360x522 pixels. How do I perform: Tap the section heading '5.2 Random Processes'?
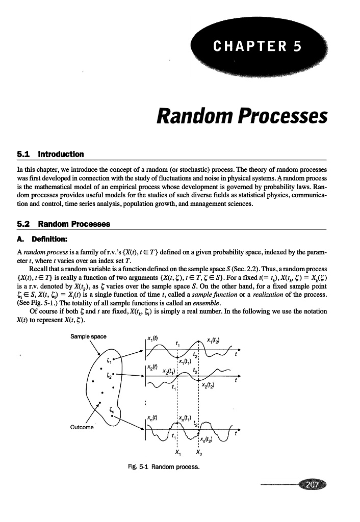pyautogui.click(x=63, y=224)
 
